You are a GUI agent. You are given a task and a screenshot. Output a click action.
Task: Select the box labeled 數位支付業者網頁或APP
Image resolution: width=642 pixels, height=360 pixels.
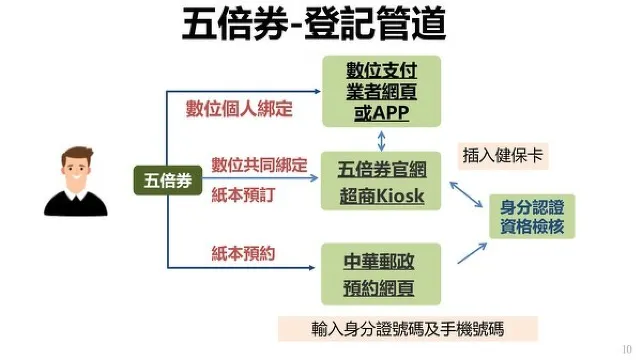point(381,91)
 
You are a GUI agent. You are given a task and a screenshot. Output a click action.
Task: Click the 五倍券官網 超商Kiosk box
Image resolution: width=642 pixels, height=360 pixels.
point(381,181)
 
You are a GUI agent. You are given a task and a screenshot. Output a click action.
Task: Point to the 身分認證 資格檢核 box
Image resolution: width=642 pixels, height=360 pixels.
point(532,216)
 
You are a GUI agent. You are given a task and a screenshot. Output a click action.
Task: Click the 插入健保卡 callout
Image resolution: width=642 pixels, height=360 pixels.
point(504,155)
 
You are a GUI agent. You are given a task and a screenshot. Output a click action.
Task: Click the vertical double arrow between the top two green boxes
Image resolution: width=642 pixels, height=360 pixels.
point(381,140)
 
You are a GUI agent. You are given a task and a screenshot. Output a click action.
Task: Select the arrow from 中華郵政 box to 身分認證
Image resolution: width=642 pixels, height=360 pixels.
point(471,250)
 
